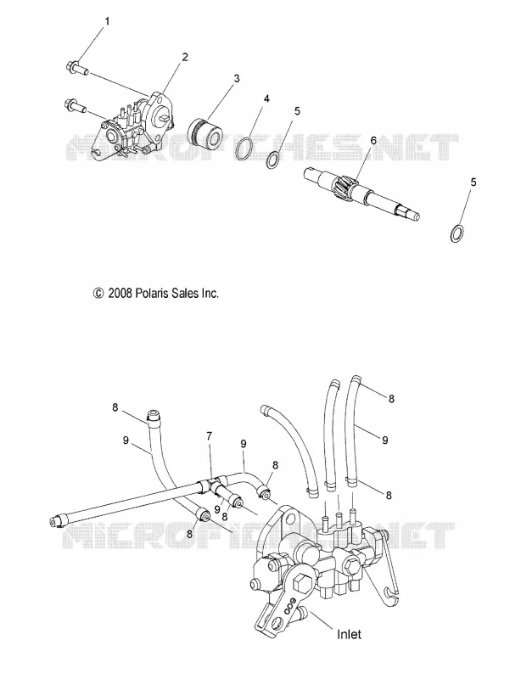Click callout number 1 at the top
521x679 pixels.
coord(108,20)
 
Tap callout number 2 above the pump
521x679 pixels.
coord(184,57)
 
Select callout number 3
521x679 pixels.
coord(237,78)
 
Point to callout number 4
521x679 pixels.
coord(266,98)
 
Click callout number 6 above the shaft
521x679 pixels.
coord(373,140)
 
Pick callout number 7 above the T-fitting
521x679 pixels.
coord(210,436)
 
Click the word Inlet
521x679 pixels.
coord(349,634)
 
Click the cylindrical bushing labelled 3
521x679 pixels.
coord(204,127)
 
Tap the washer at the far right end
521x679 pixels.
coord(456,233)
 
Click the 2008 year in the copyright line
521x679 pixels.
coord(120,294)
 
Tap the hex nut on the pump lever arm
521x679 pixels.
coord(304,583)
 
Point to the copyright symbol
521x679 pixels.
coord(98,294)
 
